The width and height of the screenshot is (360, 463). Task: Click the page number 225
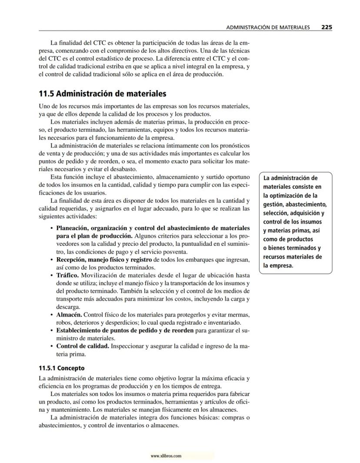327,27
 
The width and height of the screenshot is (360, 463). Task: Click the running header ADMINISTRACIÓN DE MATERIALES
268,27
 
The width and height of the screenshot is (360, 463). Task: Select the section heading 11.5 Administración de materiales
103,94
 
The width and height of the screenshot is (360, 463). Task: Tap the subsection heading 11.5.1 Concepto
62,368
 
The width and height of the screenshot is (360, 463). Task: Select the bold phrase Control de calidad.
83,346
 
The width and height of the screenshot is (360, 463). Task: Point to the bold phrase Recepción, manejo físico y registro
104,260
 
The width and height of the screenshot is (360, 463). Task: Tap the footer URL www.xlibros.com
166,456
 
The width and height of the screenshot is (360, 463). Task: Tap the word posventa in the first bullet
176,252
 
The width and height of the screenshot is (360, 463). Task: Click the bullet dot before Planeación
52,228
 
